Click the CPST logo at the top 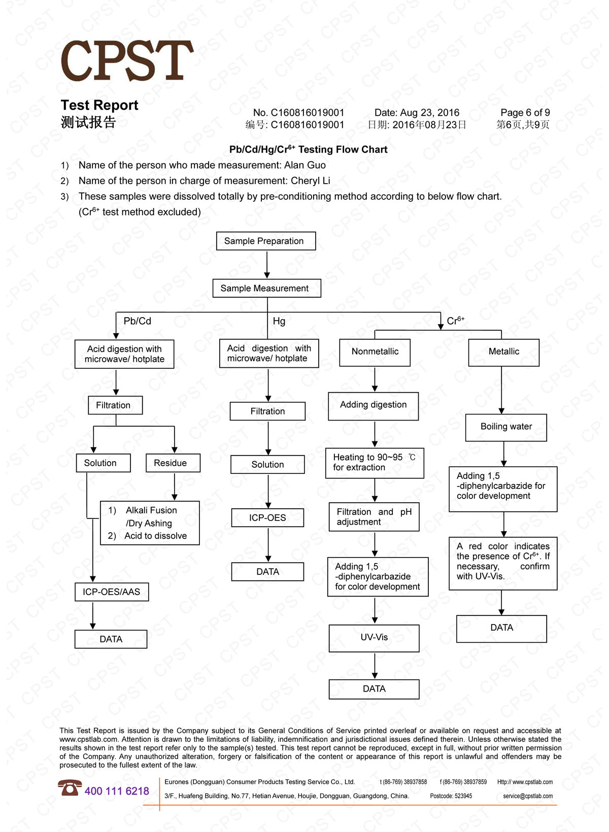[x=127, y=61]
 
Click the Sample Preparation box [x=266, y=241]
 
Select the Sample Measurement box [x=266, y=288]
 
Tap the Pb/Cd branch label [x=137, y=321]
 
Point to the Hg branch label [x=279, y=321]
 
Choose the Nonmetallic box [x=375, y=352]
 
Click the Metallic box [x=503, y=352]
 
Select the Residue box [x=173, y=463]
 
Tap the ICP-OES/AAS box [x=112, y=592]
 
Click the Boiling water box [x=506, y=427]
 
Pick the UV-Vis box [x=374, y=638]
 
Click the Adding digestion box [x=374, y=405]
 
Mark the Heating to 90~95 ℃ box [x=375, y=462]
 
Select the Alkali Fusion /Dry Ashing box [x=150, y=523]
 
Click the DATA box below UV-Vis [x=374, y=689]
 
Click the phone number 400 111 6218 [x=117, y=791]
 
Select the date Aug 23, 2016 [x=429, y=113]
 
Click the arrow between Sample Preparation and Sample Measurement [x=267, y=265]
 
